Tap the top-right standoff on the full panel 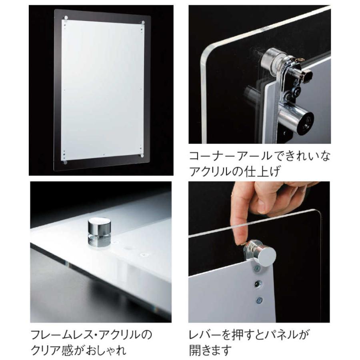pyautogui.click(x=142, y=22)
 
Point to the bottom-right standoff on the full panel pyautogui.click(x=142, y=155)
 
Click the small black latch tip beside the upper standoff pyautogui.click(x=308, y=75)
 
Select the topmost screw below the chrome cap pyautogui.click(x=256, y=269)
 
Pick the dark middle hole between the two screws pyautogui.click(x=258, y=284)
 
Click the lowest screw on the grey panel pyautogui.click(x=259, y=299)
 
